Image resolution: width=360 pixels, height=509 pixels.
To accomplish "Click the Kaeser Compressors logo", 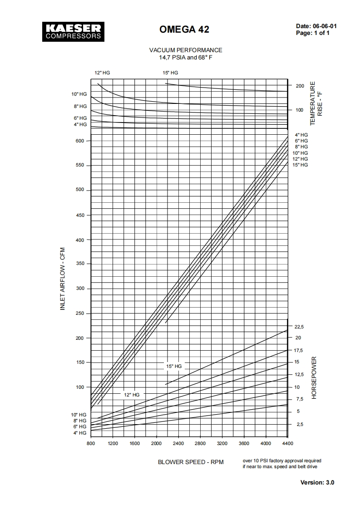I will (72, 31).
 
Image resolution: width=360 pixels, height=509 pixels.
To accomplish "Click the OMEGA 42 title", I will (184, 30).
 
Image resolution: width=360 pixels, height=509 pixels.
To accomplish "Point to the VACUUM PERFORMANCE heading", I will (186, 50).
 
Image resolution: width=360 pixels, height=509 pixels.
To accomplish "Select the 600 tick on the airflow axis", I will (80, 141).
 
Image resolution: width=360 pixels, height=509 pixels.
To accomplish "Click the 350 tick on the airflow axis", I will (80, 264).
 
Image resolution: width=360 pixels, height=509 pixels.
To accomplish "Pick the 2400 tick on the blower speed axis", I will (178, 444).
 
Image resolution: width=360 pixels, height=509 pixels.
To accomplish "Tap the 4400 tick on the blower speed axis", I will (288, 444).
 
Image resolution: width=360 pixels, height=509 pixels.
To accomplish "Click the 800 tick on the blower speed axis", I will (91, 444).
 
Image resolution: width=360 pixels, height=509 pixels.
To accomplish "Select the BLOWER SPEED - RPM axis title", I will (191, 462).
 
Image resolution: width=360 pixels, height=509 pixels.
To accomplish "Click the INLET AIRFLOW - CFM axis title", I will (63, 279).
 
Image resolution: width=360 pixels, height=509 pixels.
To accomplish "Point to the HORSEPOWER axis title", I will (314, 378).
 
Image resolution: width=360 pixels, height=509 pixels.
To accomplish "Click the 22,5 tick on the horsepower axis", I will (299, 327).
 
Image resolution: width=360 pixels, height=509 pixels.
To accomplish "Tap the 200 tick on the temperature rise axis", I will (300, 86).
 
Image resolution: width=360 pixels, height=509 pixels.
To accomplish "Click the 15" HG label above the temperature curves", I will (170, 73).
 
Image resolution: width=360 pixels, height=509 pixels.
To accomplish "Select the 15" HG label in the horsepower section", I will (174, 366).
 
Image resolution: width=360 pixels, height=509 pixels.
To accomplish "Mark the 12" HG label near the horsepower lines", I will (132, 395).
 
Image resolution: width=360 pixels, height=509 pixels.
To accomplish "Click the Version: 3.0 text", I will (317, 482).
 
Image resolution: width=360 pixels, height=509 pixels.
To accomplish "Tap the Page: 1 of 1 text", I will (313, 33).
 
